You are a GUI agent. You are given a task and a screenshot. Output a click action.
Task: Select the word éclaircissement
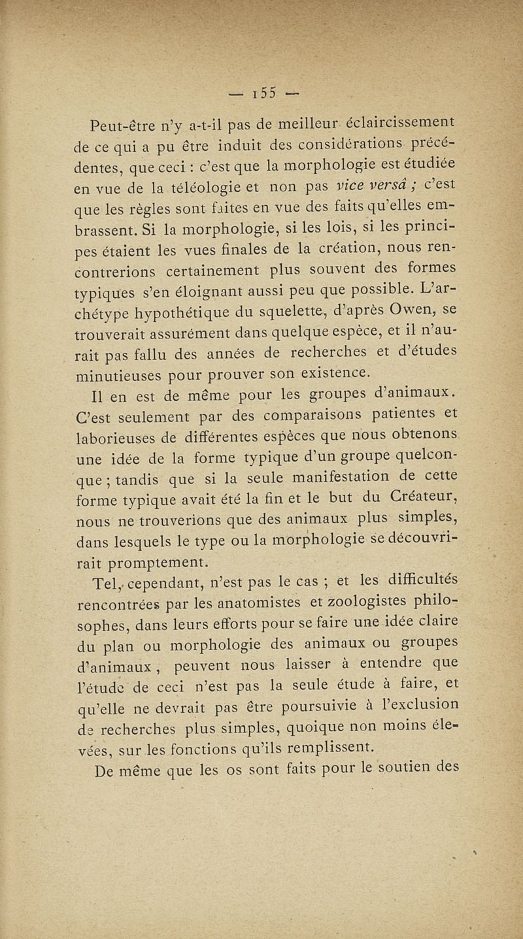pyautogui.click(x=399, y=124)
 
